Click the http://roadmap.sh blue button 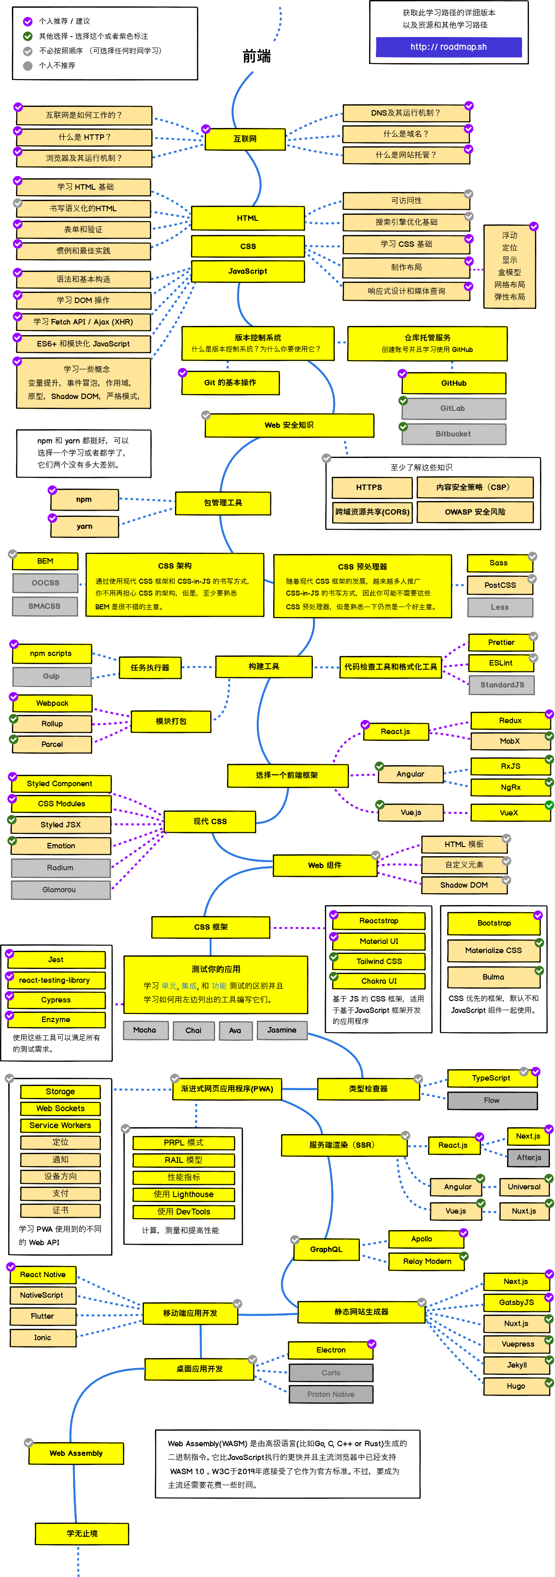(448, 47)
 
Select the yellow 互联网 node (245, 139)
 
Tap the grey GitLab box (453, 408)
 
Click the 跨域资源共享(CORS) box (372, 512)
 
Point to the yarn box (85, 527)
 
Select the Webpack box (52, 703)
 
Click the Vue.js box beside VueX (411, 812)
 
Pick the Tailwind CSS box (379, 961)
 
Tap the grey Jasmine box (281, 1030)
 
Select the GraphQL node (326, 1249)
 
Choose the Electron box (330, 1350)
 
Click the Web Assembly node (76, 1453)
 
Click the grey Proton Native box (330, 1394)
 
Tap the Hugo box (515, 1386)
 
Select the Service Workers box (60, 1125)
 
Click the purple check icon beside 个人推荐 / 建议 (27, 21)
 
